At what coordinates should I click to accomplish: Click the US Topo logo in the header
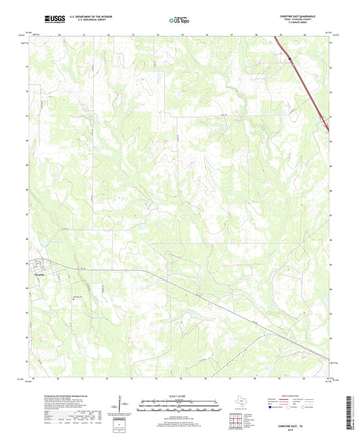point(178,20)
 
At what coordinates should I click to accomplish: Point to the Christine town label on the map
point(41,275)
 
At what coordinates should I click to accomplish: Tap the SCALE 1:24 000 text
point(180,395)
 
